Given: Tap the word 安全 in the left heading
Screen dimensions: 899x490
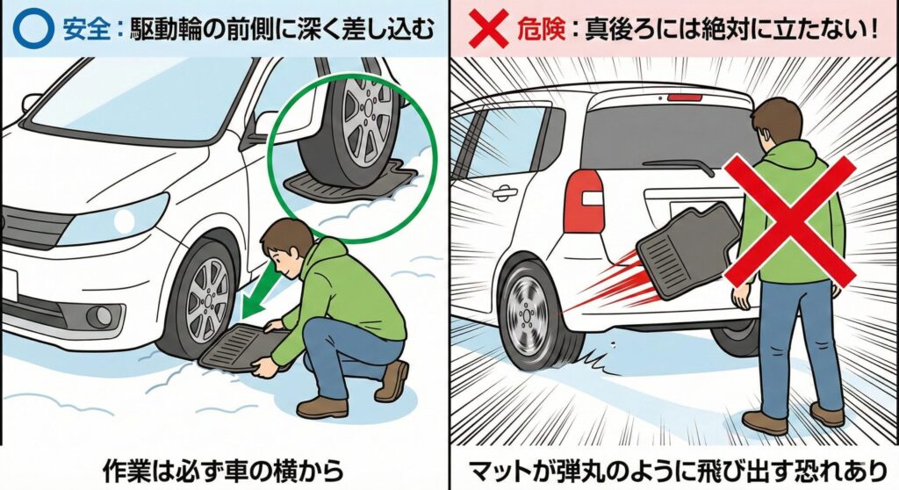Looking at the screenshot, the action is pyautogui.click(x=87, y=29).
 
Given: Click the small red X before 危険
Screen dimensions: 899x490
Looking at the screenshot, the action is pyautogui.click(x=488, y=29).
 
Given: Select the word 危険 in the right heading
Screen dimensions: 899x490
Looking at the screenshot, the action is pyautogui.click(x=540, y=29).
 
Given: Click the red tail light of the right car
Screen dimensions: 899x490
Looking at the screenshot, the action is pyautogui.click(x=584, y=201).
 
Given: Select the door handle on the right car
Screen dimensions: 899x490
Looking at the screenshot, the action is pyautogui.click(x=505, y=193).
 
